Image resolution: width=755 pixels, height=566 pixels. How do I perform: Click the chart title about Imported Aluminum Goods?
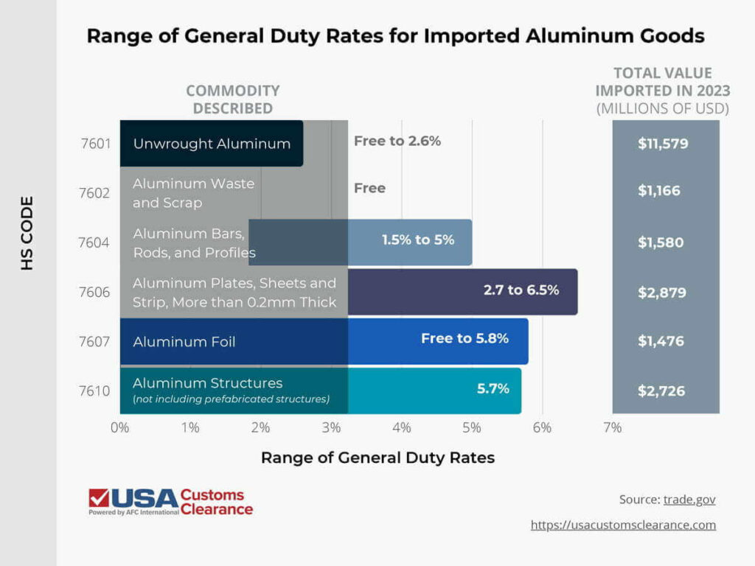395,36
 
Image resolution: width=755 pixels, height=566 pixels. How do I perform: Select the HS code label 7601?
95,144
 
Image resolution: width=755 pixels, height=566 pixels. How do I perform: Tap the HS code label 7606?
95,293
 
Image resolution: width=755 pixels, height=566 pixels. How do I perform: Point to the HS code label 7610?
95,391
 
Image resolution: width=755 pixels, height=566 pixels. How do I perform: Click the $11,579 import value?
663,144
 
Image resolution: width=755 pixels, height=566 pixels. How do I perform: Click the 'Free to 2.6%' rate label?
397,141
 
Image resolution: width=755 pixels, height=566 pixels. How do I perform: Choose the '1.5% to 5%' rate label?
418,240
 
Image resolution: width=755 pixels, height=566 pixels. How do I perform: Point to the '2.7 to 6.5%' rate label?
521,290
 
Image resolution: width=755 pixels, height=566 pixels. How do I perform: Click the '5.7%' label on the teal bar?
493,388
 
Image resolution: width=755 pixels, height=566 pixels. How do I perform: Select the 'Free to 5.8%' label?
465,338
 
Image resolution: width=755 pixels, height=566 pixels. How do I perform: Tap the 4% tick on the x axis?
401,427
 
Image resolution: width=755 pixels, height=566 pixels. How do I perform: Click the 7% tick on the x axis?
612,427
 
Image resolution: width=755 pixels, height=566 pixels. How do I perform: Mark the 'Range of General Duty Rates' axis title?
377,458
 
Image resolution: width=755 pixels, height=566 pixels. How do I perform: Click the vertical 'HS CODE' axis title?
27,232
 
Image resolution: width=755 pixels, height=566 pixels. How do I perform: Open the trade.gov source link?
689,500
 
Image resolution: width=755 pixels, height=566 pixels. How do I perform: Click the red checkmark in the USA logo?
99,498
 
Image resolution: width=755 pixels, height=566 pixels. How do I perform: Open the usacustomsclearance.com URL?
623,525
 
